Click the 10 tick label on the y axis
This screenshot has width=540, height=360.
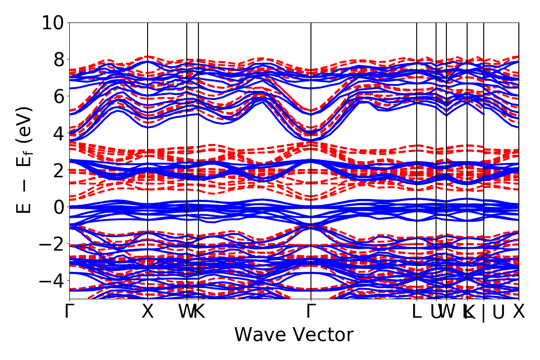tap(54, 23)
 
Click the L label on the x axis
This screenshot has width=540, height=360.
tap(417, 311)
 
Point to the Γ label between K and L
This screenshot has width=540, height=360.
tap(311, 311)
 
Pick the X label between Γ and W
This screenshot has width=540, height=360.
tap(148, 311)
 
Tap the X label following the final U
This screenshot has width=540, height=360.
tap(519, 311)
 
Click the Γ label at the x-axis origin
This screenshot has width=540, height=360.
tap(69, 311)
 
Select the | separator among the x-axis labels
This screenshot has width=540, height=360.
tap(484, 312)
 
